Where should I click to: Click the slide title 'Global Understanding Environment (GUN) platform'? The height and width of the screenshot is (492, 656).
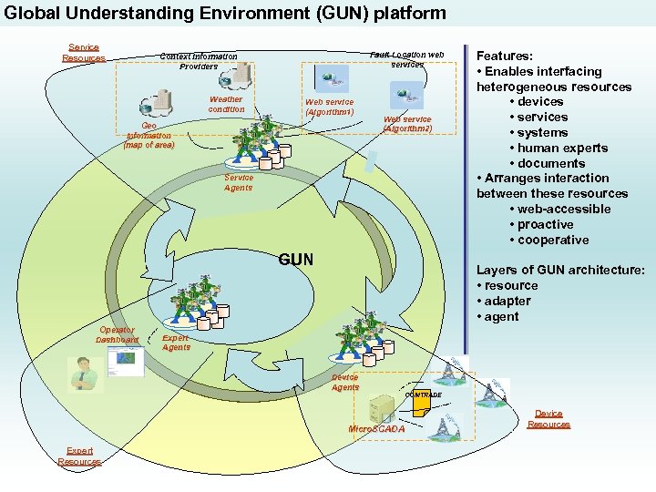point(225,13)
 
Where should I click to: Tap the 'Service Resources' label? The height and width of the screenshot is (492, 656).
point(84,53)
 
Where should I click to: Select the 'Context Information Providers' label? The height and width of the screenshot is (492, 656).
point(199,61)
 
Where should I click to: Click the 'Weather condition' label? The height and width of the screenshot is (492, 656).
point(226,105)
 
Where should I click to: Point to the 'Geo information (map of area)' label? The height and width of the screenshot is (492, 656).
point(149,136)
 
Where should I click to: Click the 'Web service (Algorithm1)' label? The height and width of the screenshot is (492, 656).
point(329,108)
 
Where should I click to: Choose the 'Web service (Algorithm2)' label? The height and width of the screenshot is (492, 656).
point(407,124)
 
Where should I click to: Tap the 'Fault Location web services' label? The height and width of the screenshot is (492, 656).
point(407,59)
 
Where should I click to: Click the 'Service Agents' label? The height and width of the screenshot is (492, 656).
point(239,183)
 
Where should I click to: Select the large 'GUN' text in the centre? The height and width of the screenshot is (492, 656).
point(296,260)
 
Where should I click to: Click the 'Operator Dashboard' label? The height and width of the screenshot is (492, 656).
point(117,335)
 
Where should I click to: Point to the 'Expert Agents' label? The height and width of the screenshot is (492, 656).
point(176,343)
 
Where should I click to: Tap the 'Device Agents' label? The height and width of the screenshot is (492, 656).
point(344,382)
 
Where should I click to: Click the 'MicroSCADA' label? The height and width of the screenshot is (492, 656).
point(376,429)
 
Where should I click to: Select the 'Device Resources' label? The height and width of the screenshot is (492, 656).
point(548,419)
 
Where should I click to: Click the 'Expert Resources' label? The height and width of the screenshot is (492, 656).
point(79,456)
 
